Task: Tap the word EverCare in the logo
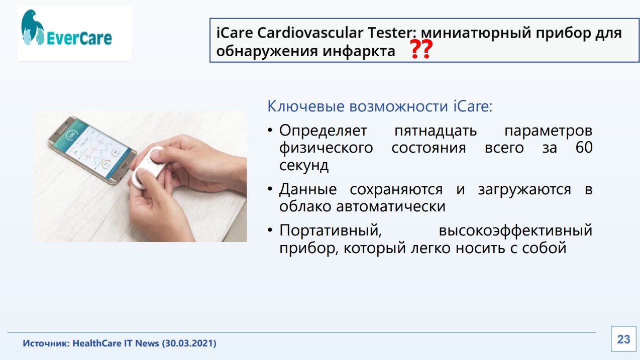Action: click(79, 38)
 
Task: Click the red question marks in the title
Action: click(421, 49)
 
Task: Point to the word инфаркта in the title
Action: click(359, 51)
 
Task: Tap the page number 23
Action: click(623, 339)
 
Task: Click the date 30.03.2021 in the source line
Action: click(189, 343)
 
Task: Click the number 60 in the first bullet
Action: click(584, 148)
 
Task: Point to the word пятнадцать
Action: click(436, 131)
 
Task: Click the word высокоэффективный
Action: click(515, 230)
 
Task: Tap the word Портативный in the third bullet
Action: click(330, 230)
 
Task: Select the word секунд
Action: click(304, 165)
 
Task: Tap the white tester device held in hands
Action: click(148, 167)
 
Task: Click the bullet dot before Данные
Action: click(270, 189)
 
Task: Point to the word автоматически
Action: click(390, 206)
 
